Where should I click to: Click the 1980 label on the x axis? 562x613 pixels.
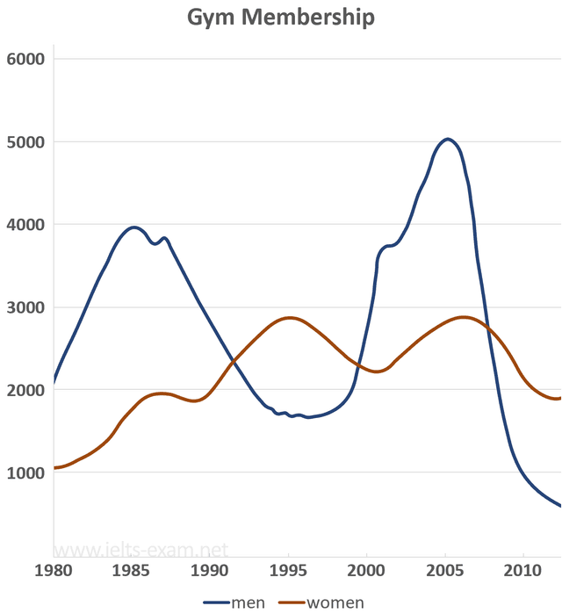click(x=54, y=570)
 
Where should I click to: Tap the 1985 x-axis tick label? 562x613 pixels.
click(x=132, y=570)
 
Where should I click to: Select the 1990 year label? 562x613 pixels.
click(x=210, y=570)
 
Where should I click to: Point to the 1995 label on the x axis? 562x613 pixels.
click(x=288, y=570)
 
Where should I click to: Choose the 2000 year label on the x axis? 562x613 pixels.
click(x=366, y=570)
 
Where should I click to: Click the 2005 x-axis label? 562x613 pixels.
click(x=444, y=570)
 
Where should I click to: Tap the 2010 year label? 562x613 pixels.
click(x=522, y=570)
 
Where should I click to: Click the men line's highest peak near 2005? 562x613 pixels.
click(x=448, y=139)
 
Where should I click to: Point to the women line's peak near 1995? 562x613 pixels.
click(x=290, y=318)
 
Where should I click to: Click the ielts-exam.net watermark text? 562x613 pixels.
click(x=140, y=550)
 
